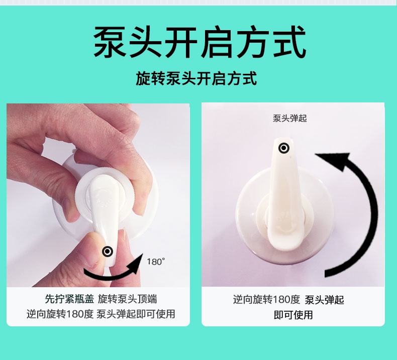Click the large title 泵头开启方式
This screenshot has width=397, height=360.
point(200,42)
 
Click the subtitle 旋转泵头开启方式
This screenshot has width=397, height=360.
point(196,78)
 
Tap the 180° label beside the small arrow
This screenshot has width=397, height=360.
point(156,262)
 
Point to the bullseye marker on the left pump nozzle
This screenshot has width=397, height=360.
point(108,252)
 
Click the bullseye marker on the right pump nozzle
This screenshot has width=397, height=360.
point(284,148)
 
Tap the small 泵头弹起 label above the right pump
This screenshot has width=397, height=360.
point(289,118)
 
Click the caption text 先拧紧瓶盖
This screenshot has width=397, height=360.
point(69,299)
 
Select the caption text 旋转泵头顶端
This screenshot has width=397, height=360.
point(128,299)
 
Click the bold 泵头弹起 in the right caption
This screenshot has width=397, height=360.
point(324,300)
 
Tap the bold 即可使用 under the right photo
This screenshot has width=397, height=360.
point(293,315)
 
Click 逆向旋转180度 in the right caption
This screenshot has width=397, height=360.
point(267,300)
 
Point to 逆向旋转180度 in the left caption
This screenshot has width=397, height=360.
point(60,314)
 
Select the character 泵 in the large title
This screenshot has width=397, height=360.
point(110,42)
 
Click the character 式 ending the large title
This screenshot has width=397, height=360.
point(290,42)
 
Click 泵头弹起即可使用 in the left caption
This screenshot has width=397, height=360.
point(136,314)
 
